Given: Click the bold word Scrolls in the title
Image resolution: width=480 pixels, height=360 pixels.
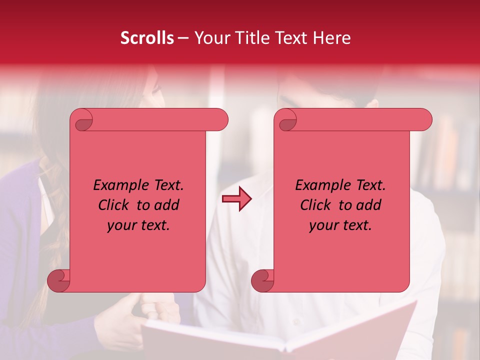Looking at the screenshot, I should [x=147, y=38].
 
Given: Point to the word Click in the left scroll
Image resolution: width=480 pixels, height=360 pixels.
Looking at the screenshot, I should [x=114, y=205].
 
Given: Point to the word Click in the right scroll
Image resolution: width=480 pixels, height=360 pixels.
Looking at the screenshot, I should [x=316, y=205].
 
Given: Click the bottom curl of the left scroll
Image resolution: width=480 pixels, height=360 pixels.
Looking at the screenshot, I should [x=59, y=280].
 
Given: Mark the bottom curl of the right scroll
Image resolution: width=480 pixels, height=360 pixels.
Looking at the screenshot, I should [x=263, y=280].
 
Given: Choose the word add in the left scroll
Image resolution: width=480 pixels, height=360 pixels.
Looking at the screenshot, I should [x=167, y=205].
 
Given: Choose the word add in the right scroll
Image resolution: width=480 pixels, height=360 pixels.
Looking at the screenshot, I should [x=369, y=205].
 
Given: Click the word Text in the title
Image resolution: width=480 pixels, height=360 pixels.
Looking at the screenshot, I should [x=295, y=38].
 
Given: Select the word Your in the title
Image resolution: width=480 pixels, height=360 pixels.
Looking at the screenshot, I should [x=210, y=38].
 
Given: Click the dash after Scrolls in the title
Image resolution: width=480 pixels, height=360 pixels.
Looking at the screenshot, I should [x=183, y=38].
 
